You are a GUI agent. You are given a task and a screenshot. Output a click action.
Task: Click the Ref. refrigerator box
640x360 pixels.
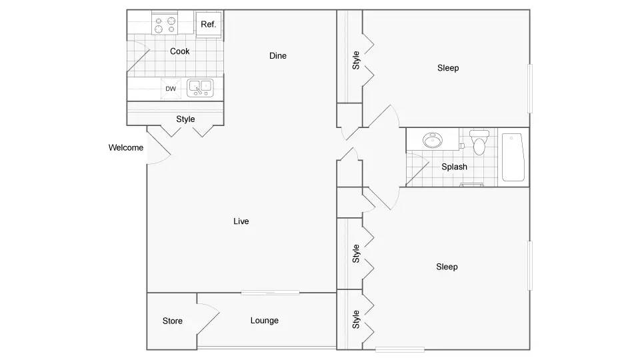pyautogui.click(x=209, y=25)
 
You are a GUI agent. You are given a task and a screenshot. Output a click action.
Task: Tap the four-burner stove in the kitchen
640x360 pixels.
pyautogui.click(x=165, y=23)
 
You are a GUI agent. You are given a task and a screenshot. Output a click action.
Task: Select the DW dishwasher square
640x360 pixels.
pyautogui.click(x=171, y=89)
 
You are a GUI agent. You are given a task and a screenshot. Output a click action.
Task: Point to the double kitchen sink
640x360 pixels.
pyautogui.click(x=200, y=88)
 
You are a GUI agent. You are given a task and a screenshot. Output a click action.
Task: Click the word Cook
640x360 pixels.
pyautogui.click(x=179, y=51)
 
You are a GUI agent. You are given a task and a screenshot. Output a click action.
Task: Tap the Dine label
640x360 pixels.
pyautogui.click(x=278, y=55)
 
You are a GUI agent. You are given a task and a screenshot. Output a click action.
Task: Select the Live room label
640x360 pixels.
pyautogui.click(x=241, y=221)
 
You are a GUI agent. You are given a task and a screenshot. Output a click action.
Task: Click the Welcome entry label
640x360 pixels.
pyautogui.click(x=126, y=147)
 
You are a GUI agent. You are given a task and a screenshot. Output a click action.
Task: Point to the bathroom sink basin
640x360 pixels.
pyautogui.click(x=433, y=141)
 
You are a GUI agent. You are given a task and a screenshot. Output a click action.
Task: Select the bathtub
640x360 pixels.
pyautogui.click(x=513, y=157)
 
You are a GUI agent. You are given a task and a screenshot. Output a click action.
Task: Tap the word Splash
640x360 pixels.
pyautogui.click(x=454, y=167)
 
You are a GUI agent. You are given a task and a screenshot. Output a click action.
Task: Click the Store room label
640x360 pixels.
pyautogui.click(x=172, y=321)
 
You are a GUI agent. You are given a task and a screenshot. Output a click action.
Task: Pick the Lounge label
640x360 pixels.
pyautogui.click(x=265, y=321)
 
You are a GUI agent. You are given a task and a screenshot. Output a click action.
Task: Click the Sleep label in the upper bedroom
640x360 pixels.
pyautogui.click(x=448, y=68)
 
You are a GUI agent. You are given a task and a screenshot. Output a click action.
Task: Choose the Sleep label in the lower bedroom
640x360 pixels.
pyautogui.click(x=447, y=267)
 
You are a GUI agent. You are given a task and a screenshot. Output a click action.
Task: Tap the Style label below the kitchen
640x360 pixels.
pyautogui.click(x=185, y=119)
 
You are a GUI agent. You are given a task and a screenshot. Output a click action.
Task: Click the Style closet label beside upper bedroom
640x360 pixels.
pyautogui.click(x=356, y=60)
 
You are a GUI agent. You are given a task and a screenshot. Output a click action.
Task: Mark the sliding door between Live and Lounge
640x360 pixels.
pyautogui.click(x=270, y=292)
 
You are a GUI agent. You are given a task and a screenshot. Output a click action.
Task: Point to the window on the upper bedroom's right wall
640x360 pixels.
pyautogui.click(x=530, y=89)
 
